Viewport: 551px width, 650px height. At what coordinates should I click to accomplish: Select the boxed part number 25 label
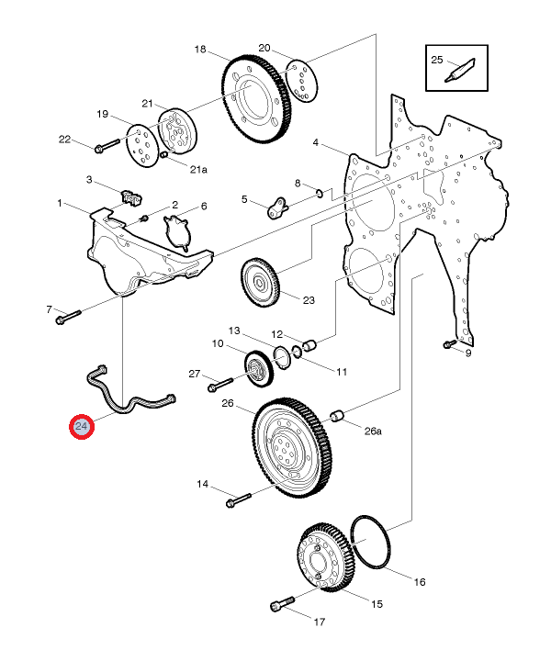pyautogui.click(x=437, y=60)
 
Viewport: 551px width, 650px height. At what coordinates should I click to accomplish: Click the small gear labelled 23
pyautogui.click(x=265, y=285)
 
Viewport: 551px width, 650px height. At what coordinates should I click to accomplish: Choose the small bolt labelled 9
pyautogui.click(x=449, y=344)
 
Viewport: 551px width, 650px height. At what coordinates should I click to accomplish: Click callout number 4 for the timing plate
pyautogui.click(x=315, y=143)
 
